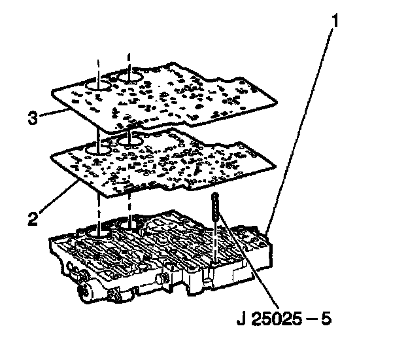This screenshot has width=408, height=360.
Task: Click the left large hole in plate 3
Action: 99,86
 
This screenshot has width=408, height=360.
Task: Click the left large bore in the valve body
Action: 98,232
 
